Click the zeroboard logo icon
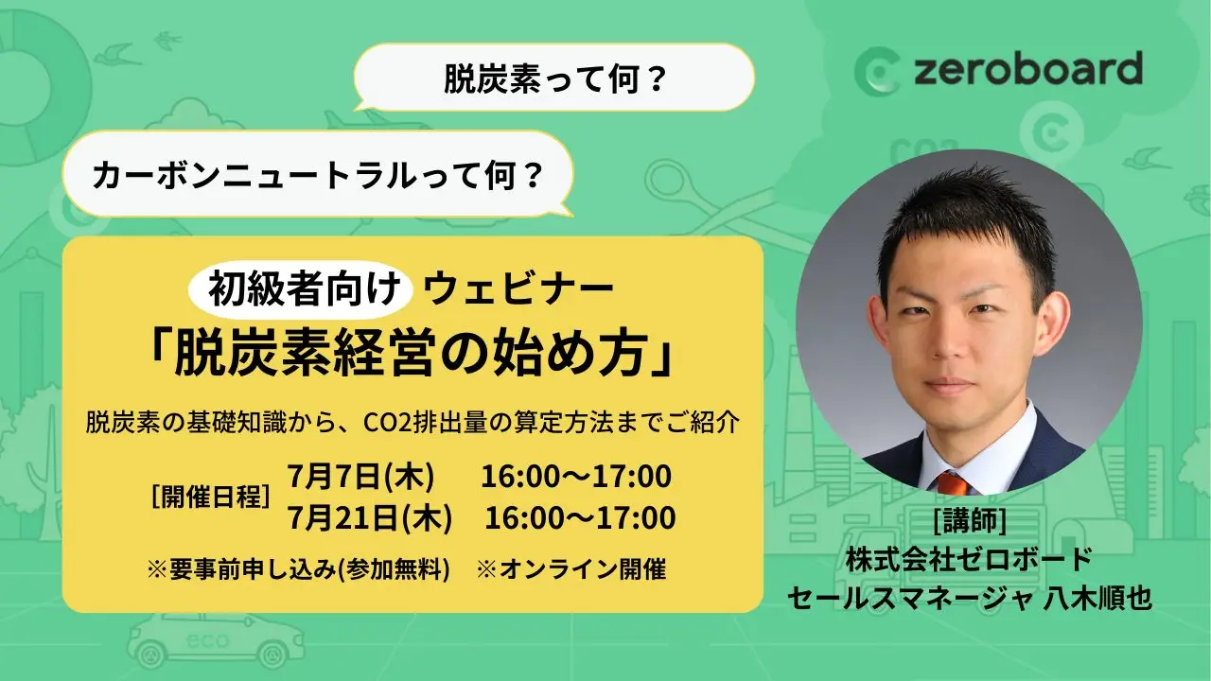(876, 72)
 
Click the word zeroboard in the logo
(1028, 69)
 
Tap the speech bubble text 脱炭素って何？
(554, 79)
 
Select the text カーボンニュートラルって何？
(317, 175)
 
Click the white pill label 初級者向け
(301, 289)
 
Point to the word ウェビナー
(518, 289)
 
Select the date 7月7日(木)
(360, 477)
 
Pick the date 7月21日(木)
(369, 517)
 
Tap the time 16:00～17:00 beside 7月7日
(576, 477)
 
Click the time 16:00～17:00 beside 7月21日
(580, 517)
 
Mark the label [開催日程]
(211, 497)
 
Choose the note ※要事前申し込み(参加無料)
(298, 569)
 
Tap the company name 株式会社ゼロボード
(969, 559)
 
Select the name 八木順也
(1097, 599)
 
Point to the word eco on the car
(207, 641)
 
